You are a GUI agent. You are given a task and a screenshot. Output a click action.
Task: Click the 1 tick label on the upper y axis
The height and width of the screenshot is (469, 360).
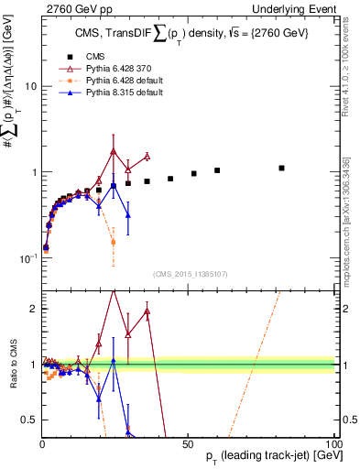33,172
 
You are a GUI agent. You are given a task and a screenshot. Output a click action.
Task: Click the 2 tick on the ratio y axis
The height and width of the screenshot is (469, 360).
33,309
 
